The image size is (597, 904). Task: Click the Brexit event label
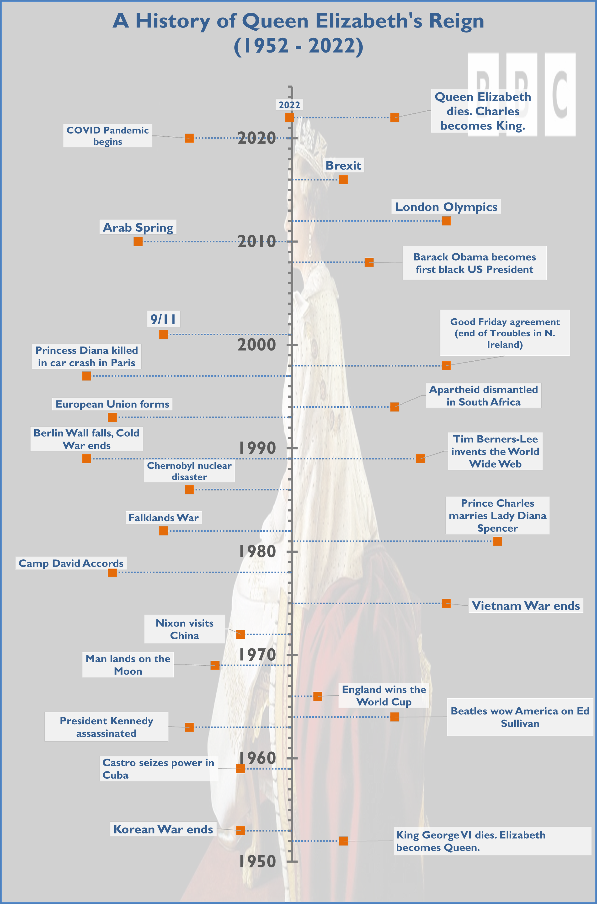[343, 165]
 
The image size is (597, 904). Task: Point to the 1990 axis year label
[257, 448]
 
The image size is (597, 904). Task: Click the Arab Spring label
[138, 227]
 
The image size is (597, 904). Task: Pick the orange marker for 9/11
[163, 334]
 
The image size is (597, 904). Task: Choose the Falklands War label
[163, 518]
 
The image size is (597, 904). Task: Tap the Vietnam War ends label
[525, 605]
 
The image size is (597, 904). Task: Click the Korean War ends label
[163, 829]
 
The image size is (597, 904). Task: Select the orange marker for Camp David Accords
[112, 572]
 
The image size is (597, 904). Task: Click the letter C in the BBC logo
[560, 94]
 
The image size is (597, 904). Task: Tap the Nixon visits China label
[184, 629]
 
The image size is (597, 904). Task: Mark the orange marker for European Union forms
[112, 417]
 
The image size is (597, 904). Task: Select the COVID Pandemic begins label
[107, 136]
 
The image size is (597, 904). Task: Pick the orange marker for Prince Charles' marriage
[497, 541]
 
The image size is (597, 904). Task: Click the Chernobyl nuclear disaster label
[189, 471]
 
